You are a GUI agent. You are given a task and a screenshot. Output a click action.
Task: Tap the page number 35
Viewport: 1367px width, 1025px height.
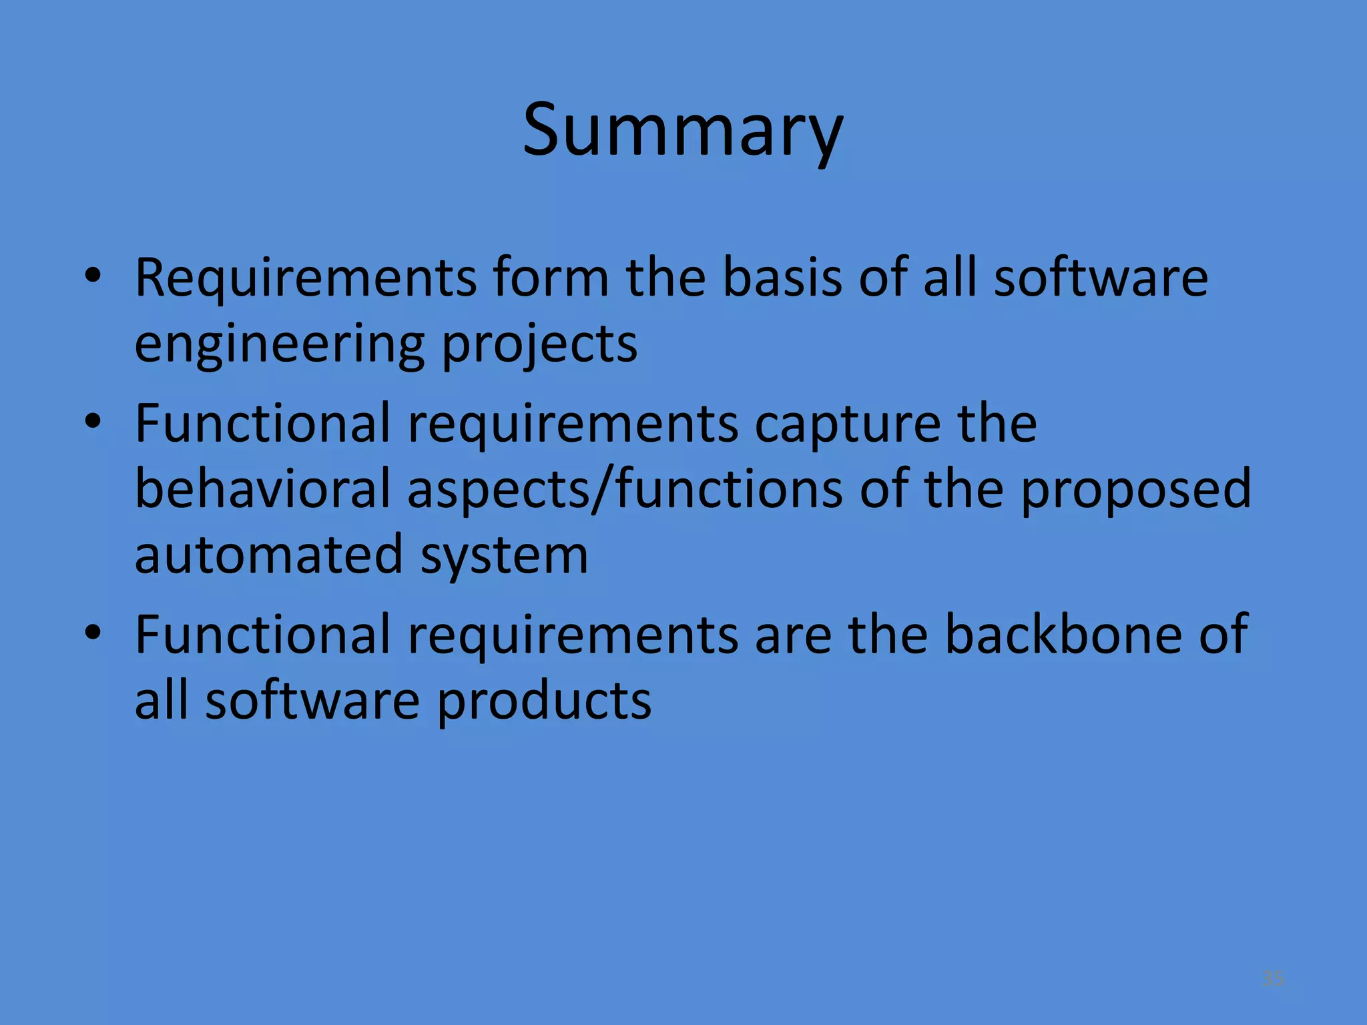click(1273, 979)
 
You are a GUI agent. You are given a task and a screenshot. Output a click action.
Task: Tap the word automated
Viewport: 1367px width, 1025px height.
click(268, 555)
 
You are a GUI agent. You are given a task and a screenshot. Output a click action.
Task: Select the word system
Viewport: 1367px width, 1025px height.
click(504, 557)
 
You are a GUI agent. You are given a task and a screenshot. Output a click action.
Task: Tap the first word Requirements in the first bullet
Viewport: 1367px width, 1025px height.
click(306, 278)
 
